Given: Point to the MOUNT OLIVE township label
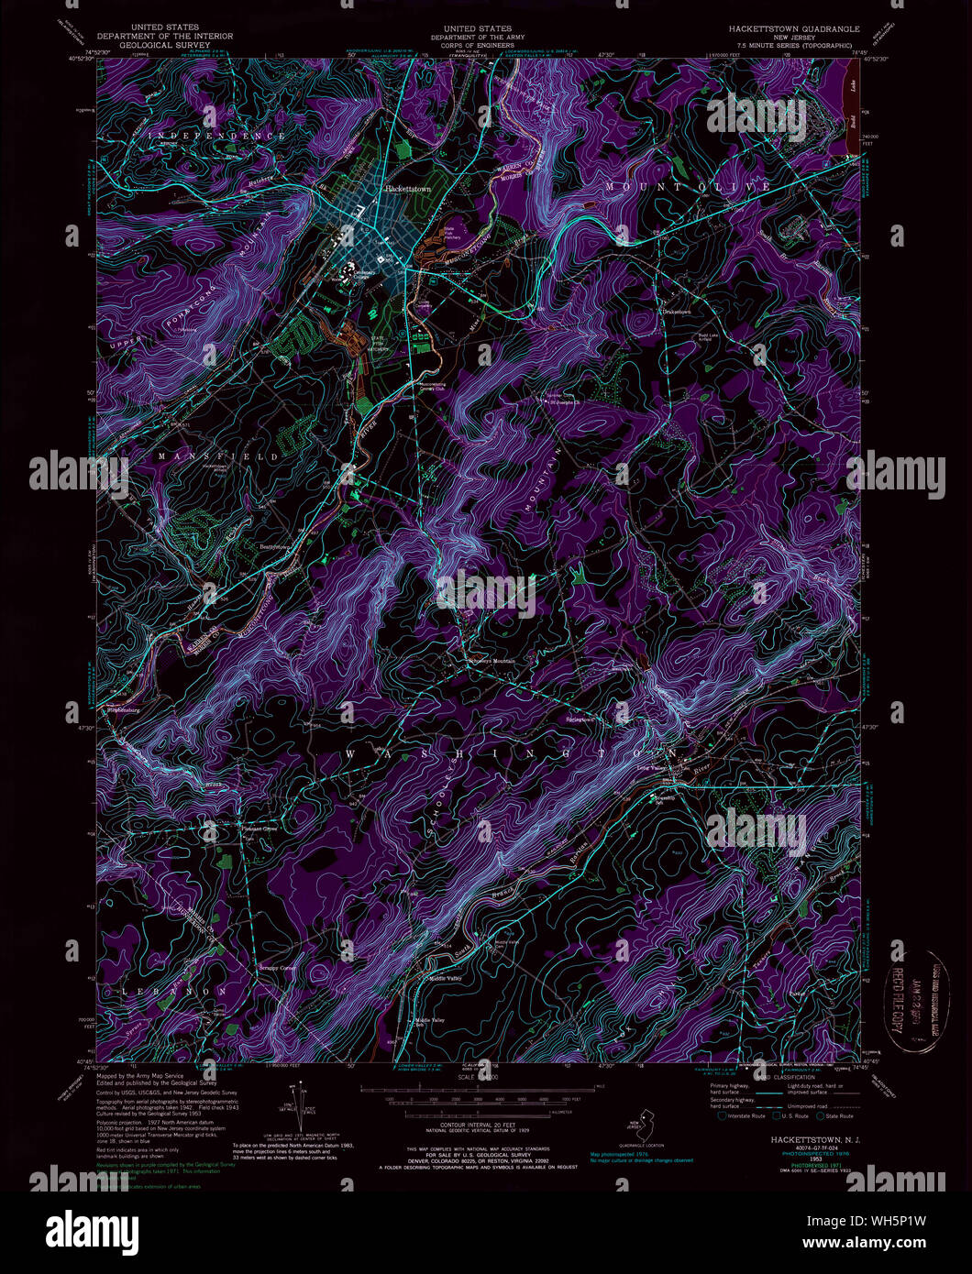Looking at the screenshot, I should point(688,187).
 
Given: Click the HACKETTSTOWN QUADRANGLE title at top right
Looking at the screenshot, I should point(789,29).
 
